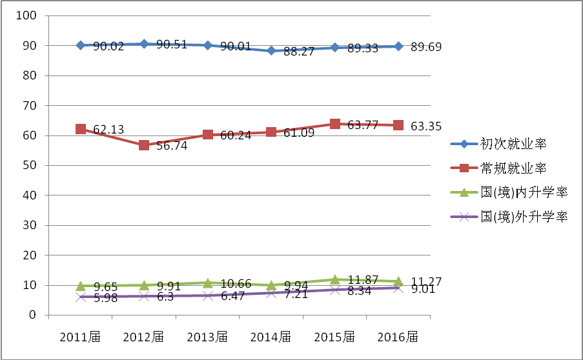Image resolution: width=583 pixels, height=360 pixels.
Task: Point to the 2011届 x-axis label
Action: tap(80, 337)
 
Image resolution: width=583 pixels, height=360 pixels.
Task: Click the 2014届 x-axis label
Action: tap(271, 337)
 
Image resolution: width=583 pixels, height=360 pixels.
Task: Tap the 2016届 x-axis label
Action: tap(398, 337)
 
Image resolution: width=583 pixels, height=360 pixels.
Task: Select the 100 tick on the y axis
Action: tap(30, 15)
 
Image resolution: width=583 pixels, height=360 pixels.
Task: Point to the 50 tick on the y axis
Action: tap(33, 165)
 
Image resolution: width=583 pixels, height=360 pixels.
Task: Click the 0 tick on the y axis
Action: tap(36, 315)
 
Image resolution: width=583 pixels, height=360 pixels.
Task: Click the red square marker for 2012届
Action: tap(144, 145)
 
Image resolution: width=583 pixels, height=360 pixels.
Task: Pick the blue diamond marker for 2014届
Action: tap(271, 50)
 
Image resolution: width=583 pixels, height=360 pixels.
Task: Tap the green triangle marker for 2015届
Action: tap(335, 279)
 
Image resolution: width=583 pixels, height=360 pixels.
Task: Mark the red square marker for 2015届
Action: tap(335, 124)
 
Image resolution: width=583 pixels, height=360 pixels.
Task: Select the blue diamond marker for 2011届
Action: tap(81, 45)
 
